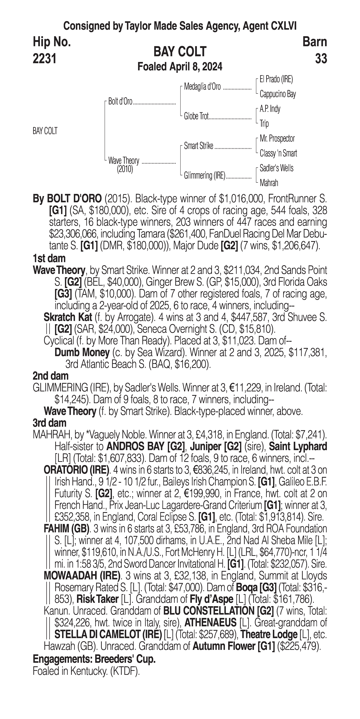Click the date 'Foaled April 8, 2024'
[180, 67]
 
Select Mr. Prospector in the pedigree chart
[277, 138]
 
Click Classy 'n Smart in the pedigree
[278, 153]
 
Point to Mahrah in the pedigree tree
[269, 183]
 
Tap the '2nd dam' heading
[51, 376]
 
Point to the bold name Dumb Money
[82, 353]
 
